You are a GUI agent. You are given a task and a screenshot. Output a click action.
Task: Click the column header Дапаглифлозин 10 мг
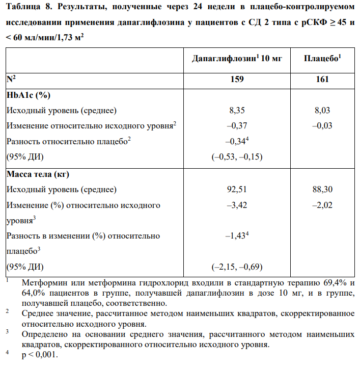coord(237,59)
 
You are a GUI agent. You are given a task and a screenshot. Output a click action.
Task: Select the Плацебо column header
coord(322,59)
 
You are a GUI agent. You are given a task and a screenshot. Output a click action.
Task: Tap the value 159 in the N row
coord(237,79)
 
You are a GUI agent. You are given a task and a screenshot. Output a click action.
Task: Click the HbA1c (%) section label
coord(28,95)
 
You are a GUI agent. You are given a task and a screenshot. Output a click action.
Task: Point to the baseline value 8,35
coord(237,110)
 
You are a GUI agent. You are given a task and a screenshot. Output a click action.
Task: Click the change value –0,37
coord(236,125)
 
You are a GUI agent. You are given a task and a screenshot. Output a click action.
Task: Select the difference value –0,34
coord(236,141)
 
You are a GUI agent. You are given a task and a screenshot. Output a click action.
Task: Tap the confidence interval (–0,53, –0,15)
coord(237,156)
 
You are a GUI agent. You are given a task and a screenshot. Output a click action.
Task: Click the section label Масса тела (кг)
coord(38,174)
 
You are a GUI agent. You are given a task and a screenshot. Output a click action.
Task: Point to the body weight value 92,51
coord(237,190)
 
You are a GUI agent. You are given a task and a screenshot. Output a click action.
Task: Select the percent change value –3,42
coord(236,205)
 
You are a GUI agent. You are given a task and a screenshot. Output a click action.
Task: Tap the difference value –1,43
coord(236,235)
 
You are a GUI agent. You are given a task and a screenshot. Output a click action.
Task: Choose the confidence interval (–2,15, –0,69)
coord(237,266)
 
